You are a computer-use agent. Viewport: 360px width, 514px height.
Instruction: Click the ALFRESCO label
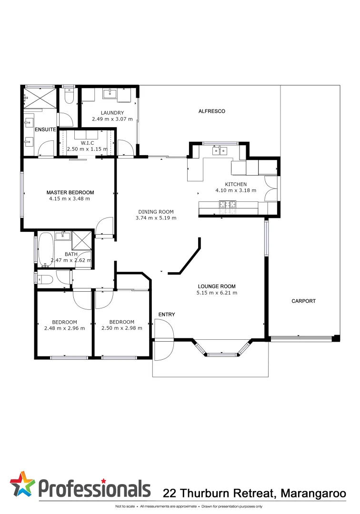211,111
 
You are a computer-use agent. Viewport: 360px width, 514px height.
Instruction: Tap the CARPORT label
303,301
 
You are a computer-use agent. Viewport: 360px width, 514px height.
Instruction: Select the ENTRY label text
167,315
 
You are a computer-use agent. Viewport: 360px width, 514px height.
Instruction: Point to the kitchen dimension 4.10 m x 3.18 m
236,190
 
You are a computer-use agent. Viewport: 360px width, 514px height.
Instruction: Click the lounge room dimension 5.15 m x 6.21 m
217,293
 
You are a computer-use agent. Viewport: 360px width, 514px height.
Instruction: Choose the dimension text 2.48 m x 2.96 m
64,328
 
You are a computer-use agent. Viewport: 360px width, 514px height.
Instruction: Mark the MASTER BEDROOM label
70,193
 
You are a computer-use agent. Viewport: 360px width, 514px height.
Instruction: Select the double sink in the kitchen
220,151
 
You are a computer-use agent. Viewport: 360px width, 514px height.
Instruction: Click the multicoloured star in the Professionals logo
22,484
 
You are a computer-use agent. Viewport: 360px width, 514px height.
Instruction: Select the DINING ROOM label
156,212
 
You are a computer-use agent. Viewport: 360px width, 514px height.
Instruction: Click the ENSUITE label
45,129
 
